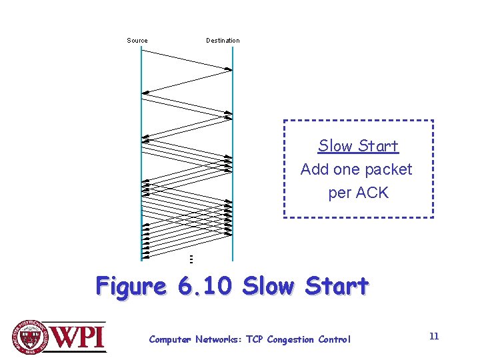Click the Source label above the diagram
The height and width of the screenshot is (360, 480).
point(137,41)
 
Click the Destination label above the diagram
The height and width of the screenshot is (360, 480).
point(223,41)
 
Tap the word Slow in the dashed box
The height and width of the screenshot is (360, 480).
point(335,146)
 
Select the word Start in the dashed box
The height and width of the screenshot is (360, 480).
point(379,146)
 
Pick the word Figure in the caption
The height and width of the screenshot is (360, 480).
point(131,286)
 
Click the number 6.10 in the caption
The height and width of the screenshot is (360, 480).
point(205,285)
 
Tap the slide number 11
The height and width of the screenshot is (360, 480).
point(434,336)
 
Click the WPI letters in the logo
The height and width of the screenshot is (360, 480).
point(77,337)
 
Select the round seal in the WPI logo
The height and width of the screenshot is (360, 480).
point(30,337)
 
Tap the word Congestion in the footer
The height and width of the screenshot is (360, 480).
point(290,340)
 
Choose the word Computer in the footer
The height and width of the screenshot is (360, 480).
point(170,340)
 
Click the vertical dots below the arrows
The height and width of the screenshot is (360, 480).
point(191,259)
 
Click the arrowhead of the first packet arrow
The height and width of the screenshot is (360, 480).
point(229,69)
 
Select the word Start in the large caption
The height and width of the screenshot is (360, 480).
point(337,285)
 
